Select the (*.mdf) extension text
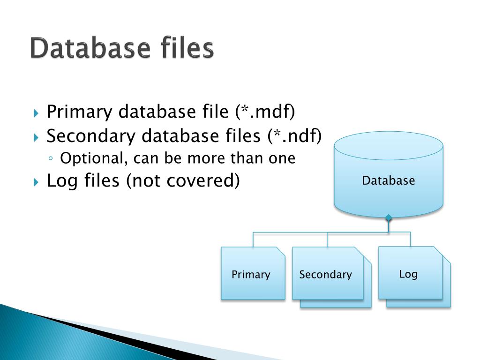pyautogui.click(x=266, y=112)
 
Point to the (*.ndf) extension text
pyautogui.click(x=295, y=136)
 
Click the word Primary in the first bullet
pyautogui.click(x=80, y=112)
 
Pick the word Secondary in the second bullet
pyautogui.click(x=91, y=136)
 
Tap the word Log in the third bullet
pyautogui.click(x=60, y=180)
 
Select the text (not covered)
pyautogui.click(x=182, y=180)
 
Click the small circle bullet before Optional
pyautogui.click(x=51, y=159)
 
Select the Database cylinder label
pyautogui.click(x=388, y=180)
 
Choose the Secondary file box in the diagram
pyautogui.click(x=326, y=274)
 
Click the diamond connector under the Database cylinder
pyautogui.click(x=388, y=217)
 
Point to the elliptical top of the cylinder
pyautogui.click(x=388, y=145)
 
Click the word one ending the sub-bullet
pyautogui.click(x=282, y=158)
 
